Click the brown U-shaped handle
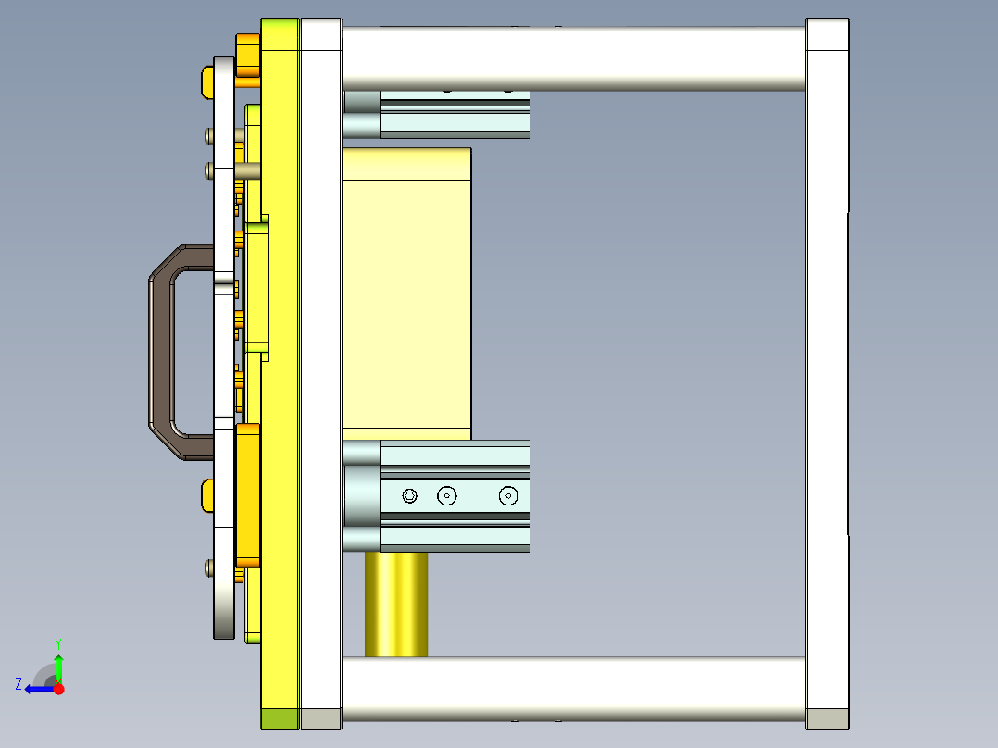(160, 352)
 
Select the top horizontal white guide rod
(574, 57)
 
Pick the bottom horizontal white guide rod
(574, 689)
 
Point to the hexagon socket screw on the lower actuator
(410, 496)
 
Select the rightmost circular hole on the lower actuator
(507, 496)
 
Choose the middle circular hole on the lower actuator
(447, 496)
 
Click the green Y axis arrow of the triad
(58, 665)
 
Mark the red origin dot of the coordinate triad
(58, 689)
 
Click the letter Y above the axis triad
(57, 642)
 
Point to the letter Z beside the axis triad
(19, 684)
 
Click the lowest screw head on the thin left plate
(208, 567)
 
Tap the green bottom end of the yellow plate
(280, 719)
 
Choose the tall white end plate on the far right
(828, 370)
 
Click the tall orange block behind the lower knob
(248, 495)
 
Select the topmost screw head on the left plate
(208, 136)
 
